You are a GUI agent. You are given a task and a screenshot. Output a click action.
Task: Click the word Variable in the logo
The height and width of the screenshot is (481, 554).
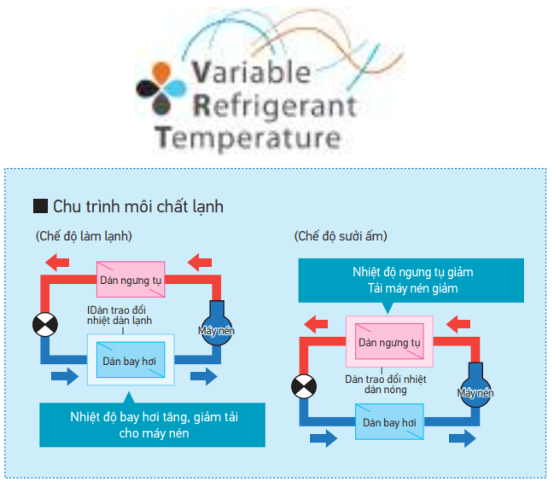click(x=251, y=72)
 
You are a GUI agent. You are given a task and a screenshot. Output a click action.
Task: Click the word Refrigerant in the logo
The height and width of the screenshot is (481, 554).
click(x=275, y=106)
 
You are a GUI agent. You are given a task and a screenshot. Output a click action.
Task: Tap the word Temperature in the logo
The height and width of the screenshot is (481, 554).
click(x=248, y=138)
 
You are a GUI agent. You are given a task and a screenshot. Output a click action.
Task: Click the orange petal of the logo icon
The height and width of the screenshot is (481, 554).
click(x=162, y=72)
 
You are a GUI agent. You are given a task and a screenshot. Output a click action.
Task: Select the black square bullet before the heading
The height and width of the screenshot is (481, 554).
click(x=40, y=206)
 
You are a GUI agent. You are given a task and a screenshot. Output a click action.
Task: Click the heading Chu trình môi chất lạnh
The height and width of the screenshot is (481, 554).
click(x=138, y=207)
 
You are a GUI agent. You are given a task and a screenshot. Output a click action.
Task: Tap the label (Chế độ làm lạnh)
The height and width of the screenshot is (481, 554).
click(x=84, y=236)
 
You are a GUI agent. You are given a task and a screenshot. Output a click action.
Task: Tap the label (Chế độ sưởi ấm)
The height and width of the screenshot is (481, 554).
click(x=340, y=236)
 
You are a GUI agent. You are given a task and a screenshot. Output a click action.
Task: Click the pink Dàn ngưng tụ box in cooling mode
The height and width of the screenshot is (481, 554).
click(x=131, y=280)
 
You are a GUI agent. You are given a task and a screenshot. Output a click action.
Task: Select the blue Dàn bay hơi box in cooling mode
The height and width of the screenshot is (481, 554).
click(x=131, y=360)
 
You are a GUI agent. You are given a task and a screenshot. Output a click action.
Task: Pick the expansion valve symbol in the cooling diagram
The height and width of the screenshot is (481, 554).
click(x=45, y=325)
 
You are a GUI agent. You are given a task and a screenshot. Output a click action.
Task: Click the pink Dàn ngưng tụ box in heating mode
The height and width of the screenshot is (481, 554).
click(x=389, y=341)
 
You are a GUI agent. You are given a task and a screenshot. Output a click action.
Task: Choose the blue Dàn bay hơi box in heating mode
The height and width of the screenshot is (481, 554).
click(x=389, y=422)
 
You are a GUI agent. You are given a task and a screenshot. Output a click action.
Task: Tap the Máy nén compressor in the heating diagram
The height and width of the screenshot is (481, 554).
click(x=475, y=386)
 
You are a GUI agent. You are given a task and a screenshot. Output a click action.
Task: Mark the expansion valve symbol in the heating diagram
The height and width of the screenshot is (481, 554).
click(x=304, y=386)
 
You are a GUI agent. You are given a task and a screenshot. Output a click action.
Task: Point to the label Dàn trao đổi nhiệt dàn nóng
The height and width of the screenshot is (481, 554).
click(x=386, y=384)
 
